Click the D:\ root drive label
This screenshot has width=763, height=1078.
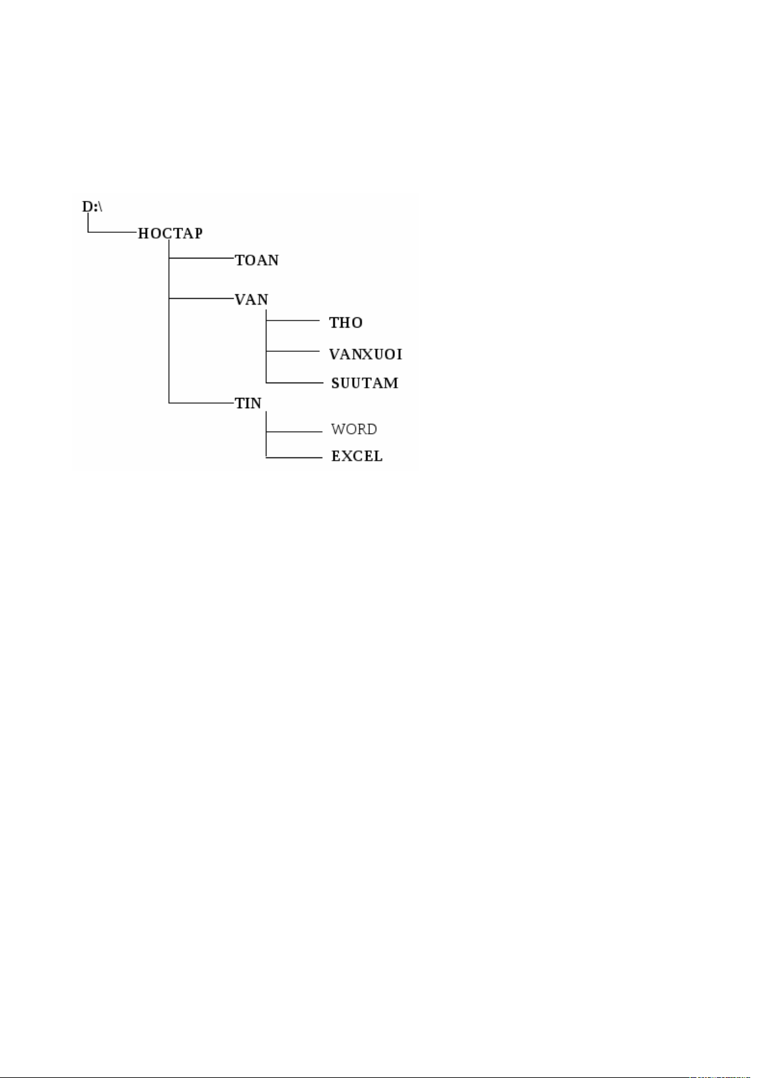[92, 207]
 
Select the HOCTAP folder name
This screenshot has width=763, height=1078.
[170, 234]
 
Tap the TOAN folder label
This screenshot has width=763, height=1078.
[257, 260]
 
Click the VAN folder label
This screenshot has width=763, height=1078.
[252, 300]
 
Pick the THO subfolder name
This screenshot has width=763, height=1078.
[346, 322]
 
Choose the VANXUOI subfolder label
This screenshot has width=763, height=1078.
[365, 354]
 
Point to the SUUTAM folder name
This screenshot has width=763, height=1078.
[365, 383]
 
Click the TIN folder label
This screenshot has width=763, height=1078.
[248, 403]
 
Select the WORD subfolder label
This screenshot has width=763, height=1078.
[354, 429]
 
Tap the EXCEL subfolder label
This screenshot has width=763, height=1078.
[357, 456]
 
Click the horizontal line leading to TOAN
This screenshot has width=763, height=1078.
[201, 258]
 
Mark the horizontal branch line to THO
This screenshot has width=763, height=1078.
[293, 320]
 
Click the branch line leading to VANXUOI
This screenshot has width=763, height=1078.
[293, 351]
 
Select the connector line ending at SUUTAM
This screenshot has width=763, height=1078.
[294, 383]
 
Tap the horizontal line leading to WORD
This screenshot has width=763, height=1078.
[294, 432]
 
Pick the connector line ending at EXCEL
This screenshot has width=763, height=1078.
[294, 457]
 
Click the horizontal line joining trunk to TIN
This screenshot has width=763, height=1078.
[201, 403]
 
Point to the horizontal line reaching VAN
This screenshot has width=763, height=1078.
[201, 298]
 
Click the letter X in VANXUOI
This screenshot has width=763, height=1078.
[366, 354]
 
